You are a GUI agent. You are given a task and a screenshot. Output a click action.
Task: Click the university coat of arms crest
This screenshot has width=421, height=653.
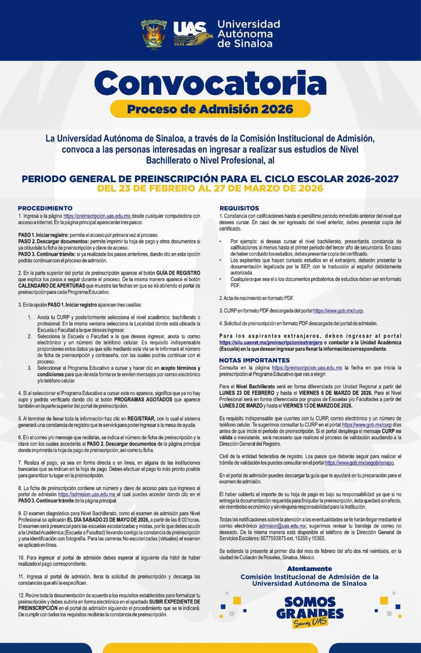pyautogui.click(x=154, y=34)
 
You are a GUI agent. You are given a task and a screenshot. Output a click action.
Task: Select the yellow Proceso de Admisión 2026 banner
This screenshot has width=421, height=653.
pyautogui.click(x=210, y=109)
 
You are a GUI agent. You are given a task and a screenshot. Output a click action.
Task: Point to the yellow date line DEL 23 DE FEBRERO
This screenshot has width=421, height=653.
pyautogui.click(x=210, y=188)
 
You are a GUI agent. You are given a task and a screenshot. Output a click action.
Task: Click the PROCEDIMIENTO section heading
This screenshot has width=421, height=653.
pyautogui.click(x=45, y=208)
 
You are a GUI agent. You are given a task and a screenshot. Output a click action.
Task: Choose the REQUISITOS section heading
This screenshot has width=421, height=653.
pyautogui.click(x=239, y=208)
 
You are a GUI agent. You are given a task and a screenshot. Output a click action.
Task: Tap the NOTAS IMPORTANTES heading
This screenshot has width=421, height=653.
pyautogui.click(x=251, y=360)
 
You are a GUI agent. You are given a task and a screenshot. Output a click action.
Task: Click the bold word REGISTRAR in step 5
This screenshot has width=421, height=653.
pyautogui.click(x=141, y=417)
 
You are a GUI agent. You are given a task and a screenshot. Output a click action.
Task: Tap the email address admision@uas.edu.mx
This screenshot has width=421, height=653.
pyautogui.click(x=282, y=525)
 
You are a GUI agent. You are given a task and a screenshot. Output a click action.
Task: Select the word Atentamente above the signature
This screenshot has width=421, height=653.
pyautogui.click(x=309, y=568)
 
